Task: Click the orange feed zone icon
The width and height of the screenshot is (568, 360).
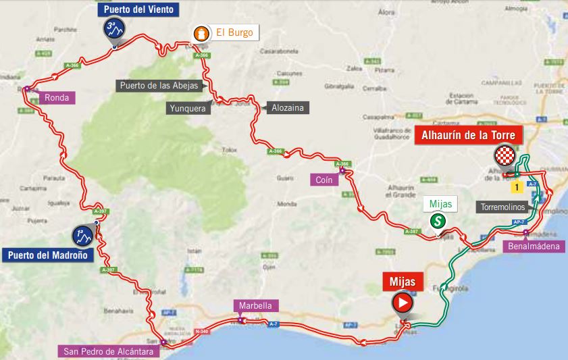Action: click(x=201, y=33)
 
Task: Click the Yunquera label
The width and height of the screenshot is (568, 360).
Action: click(x=187, y=107)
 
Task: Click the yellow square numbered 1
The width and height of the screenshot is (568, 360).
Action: click(x=517, y=186)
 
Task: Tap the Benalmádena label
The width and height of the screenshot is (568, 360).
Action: click(x=534, y=247)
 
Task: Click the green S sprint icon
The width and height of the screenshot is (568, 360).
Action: click(x=438, y=221)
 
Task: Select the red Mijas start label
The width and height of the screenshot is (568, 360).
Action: click(x=403, y=280)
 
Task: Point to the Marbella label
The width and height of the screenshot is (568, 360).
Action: click(x=254, y=306)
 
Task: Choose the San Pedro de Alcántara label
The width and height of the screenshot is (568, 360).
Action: click(x=108, y=351)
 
